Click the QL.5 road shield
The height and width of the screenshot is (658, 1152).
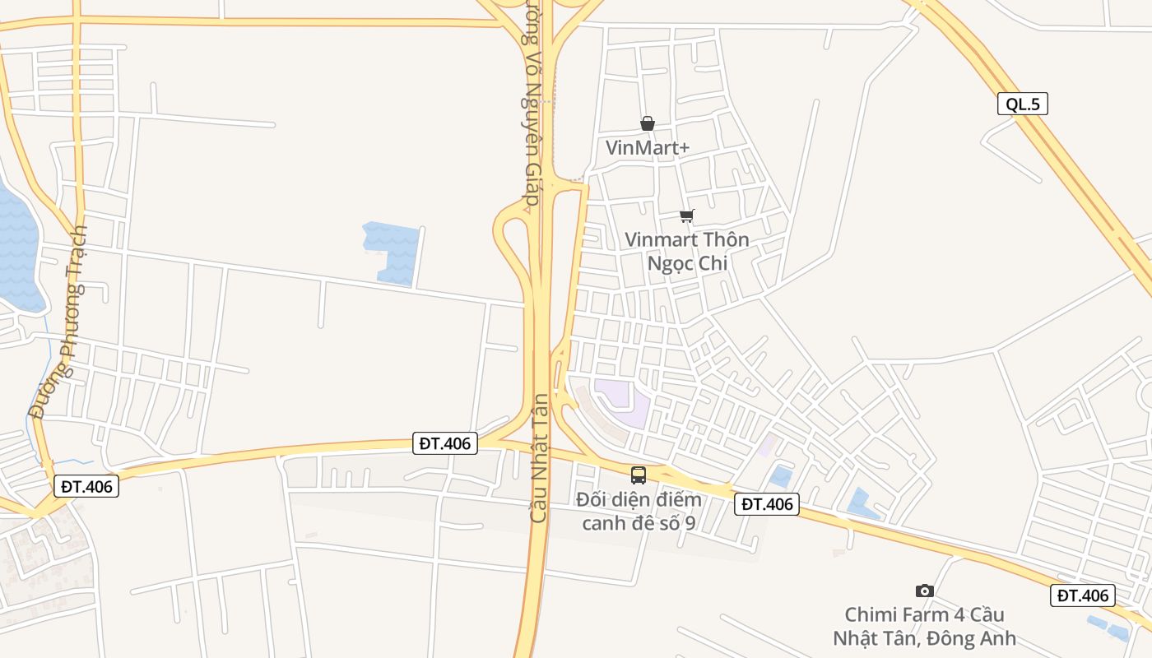pos(1023,104)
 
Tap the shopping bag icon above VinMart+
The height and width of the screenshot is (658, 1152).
pos(648,123)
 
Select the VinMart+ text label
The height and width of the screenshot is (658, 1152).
pos(648,148)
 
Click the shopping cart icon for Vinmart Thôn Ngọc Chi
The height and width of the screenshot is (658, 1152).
pos(686,216)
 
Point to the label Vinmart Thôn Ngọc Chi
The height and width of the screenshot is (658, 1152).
pos(687,251)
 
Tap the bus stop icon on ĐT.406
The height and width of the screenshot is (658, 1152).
pos(639,475)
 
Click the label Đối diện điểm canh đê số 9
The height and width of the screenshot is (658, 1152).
pos(639,511)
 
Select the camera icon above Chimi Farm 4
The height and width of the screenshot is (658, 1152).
pos(925,591)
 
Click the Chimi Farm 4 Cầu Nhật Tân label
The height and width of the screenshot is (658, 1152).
pos(924,626)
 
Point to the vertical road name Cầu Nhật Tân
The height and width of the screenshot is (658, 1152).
pos(539,458)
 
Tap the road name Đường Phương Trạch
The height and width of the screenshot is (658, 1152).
pos(58,322)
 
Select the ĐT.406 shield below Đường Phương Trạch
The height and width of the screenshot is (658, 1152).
pos(86,486)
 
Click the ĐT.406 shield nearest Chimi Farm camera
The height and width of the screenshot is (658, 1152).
pos(1083,595)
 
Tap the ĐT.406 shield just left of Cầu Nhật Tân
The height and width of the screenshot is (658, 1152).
pos(445,443)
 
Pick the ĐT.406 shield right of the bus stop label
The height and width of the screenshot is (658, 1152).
pos(767,504)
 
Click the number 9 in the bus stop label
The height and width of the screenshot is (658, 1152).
pos(690,523)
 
